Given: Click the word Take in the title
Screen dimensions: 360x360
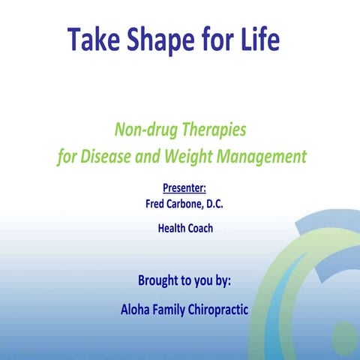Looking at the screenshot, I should pyautogui.click(x=92, y=39).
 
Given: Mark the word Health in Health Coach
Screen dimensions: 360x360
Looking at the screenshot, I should pyautogui.click(x=172, y=228).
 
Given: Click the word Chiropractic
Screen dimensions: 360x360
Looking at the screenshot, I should pyautogui.click(x=221, y=309).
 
